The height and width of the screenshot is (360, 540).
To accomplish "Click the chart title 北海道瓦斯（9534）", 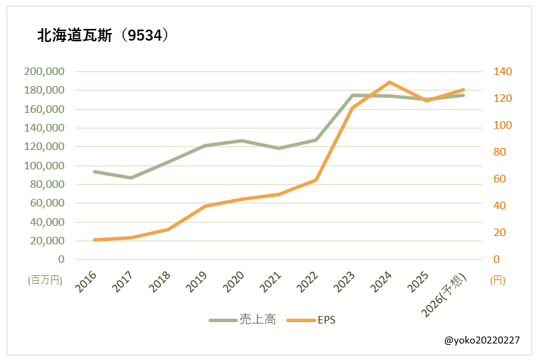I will click(103, 36).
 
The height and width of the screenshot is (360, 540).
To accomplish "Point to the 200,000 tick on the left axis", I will click(44, 72).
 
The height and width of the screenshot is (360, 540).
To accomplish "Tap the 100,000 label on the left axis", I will click(44, 166).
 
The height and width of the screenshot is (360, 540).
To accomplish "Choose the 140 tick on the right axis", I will click(503, 72).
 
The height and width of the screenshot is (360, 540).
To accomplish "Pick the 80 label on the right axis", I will click(500, 152).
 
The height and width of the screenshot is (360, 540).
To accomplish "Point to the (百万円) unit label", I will click(45, 280).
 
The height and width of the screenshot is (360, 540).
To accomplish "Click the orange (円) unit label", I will click(498, 280).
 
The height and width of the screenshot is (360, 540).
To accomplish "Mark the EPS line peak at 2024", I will click(390, 82).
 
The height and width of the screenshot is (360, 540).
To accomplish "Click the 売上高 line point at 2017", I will click(131, 178).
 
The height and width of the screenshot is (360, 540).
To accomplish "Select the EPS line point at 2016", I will click(94, 240).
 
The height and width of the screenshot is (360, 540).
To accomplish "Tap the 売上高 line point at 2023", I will click(353, 95).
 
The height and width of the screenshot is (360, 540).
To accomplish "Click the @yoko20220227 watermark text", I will click(482, 340).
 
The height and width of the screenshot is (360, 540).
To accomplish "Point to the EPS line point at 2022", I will click(316, 180).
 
